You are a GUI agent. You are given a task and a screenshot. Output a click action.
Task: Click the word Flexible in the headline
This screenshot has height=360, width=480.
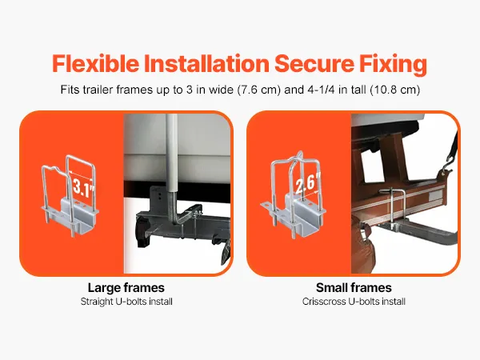[x=95, y=63]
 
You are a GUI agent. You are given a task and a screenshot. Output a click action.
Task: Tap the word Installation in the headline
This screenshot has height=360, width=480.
[x=206, y=63]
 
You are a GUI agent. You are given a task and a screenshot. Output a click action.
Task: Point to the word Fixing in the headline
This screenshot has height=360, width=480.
[x=393, y=64]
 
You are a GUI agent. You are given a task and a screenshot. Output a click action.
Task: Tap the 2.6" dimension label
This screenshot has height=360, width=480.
[x=308, y=183]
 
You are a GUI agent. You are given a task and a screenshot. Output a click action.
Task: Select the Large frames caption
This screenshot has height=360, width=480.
[x=126, y=288]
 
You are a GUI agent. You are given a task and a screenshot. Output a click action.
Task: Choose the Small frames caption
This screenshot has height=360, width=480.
[x=354, y=288]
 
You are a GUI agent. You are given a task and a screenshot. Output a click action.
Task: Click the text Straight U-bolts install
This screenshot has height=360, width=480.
[x=126, y=302]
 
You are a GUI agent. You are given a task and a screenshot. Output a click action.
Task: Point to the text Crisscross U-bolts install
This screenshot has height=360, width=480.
[x=354, y=302]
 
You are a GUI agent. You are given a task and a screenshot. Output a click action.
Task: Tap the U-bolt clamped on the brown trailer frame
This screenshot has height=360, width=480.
[x=393, y=208]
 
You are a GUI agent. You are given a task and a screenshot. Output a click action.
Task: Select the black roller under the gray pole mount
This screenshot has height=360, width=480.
[x=144, y=230]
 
